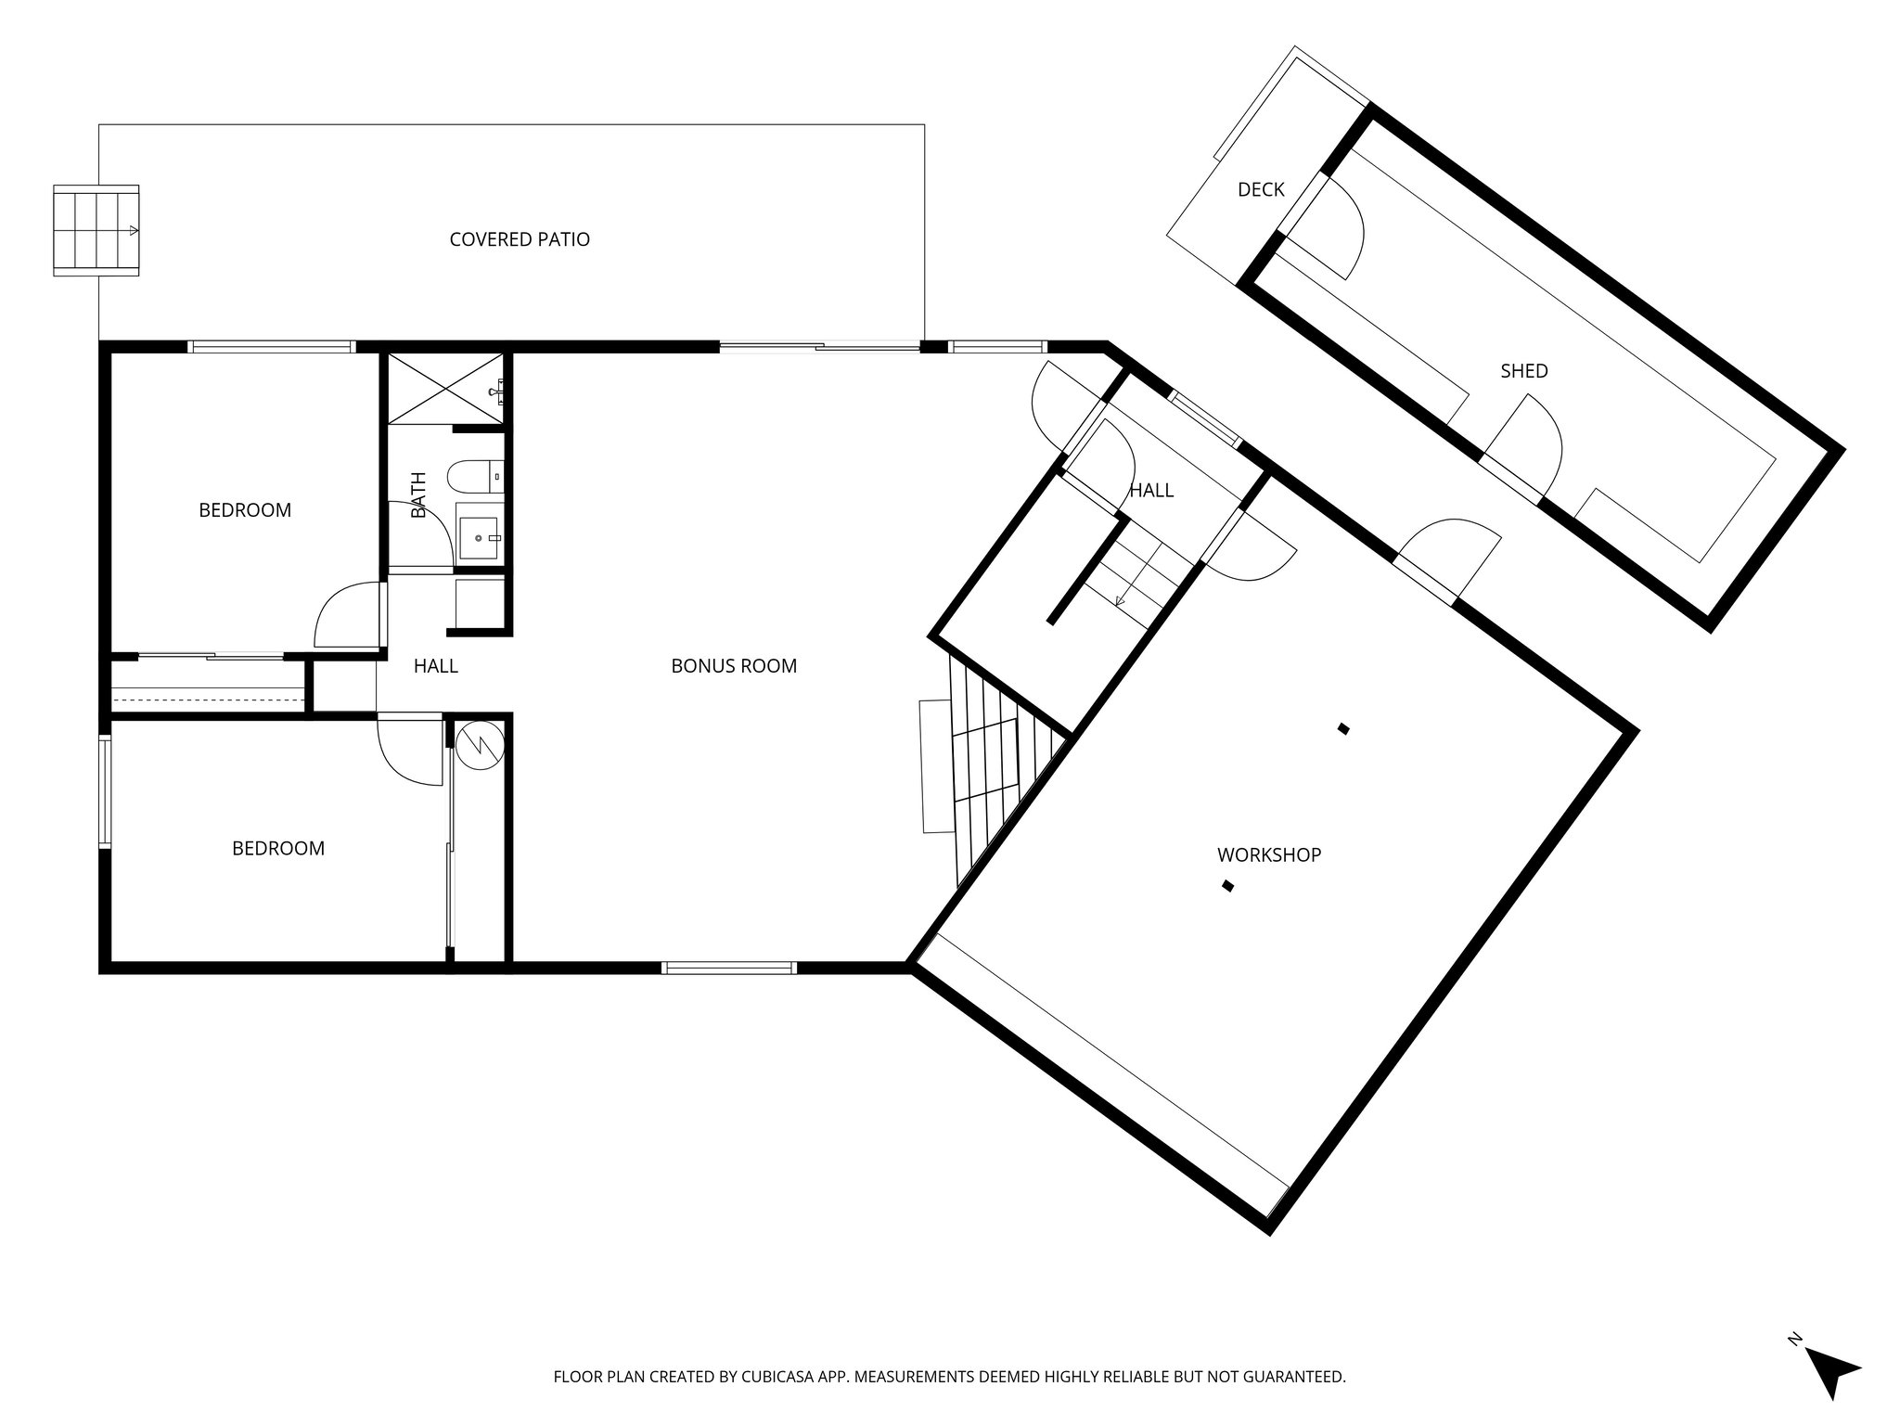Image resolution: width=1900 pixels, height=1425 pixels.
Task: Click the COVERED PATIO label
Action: tap(520, 239)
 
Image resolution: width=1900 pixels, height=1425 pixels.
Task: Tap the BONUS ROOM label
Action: tap(734, 666)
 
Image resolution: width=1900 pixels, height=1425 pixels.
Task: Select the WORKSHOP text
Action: tap(1268, 855)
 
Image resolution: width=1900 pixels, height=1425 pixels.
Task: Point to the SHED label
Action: tap(1523, 371)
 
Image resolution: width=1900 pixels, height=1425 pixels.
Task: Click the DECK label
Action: tap(1261, 190)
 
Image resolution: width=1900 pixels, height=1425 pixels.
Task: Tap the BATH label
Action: tap(418, 495)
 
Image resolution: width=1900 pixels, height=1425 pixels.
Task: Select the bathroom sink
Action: tap(481, 538)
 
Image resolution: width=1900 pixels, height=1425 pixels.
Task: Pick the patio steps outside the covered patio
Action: tap(96, 230)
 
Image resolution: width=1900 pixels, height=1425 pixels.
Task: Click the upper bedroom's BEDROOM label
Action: tap(245, 510)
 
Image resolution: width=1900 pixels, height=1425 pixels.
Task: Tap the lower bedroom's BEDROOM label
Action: tap(278, 849)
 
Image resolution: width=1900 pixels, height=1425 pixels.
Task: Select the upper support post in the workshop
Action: tap(1342, 729)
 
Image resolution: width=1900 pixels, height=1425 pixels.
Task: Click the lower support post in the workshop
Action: tap(1227, 886)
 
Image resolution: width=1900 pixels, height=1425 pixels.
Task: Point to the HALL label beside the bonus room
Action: tap(435, 666)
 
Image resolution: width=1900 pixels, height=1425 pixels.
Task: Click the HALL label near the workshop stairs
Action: tap(1151, 491)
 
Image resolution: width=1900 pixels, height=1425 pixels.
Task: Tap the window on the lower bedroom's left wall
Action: tap(105, 790)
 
